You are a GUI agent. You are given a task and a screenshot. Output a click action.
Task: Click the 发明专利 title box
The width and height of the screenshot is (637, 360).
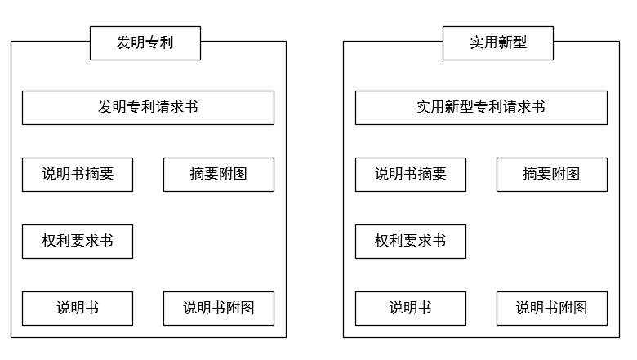pyautogui.click(x=145, y=43)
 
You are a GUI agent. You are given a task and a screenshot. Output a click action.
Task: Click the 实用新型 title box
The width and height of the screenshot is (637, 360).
pyautogui.click(x=498, y=43)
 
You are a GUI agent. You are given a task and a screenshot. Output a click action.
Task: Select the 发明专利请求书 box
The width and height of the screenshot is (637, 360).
pyautogui.click(x=148, y=108)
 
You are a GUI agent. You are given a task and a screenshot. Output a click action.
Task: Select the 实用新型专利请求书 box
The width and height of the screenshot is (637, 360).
pyautogui.click(x=481, y=108)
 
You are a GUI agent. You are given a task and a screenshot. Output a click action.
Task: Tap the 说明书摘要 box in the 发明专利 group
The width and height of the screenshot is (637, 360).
pyautogui.click(x=78, y=175)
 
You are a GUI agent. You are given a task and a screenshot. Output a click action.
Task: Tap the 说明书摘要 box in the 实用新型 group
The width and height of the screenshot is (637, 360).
pyautogui.click(x=411, y=175)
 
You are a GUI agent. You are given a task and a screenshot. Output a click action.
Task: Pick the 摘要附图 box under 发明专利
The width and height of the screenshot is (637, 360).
pyautogui.click(x=219, y=175)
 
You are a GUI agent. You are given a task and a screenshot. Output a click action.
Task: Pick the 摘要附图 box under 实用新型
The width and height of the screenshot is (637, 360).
pyautogui.click(x=552, y=175)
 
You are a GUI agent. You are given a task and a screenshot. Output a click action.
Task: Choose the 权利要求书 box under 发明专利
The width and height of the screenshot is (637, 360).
pyautogui.click(x=78, y=242)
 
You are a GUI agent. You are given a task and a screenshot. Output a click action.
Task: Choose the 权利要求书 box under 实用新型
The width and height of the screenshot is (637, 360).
pyautogui.click(x=411, y=242)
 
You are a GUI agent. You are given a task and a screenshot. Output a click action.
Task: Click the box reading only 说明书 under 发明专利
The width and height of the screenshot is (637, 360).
pyautogui.click(x=78, y=309)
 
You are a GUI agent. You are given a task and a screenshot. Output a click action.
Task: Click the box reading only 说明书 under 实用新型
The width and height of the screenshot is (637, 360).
pyautogui.click(x=411, y=309)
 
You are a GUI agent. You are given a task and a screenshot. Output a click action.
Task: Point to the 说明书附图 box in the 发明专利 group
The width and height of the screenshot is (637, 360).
pyautogui.click(x=219, y=309)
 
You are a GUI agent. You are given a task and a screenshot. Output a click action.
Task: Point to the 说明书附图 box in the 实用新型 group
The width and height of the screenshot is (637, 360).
pyautogui.click(x=552, y=309)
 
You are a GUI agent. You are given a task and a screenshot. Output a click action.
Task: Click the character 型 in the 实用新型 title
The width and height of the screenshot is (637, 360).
pyautogui.click(x=520, y=43)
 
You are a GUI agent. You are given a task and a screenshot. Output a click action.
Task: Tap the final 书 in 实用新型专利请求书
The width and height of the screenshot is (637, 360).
pyautogui.click(x=538, y=108)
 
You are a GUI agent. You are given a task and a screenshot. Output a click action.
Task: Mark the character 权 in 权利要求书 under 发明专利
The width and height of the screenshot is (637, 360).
pyautogui.click(x=49, y=242)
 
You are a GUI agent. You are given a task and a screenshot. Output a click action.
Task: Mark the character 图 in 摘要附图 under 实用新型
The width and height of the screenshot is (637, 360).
pyautogui.click(x=573, y=175)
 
